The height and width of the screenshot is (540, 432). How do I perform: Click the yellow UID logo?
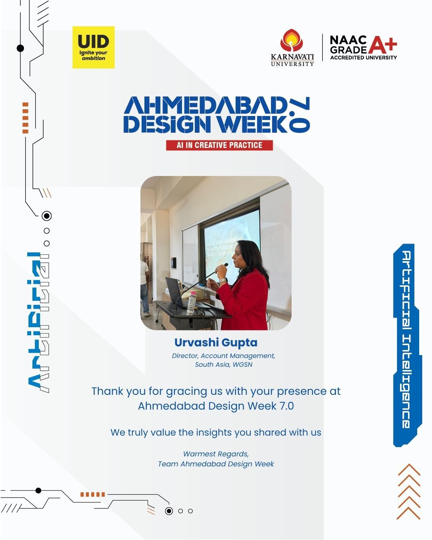[x=93, y=47]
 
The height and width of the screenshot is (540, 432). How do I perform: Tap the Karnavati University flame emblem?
[x=292, y=40]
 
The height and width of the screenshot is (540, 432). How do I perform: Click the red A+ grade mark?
[x=382, y=45]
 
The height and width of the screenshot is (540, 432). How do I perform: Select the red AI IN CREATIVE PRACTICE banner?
[x=219, y=145]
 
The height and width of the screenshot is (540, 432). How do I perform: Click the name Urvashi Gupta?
[x=216, y=342]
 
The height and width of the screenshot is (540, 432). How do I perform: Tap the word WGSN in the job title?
[x=242, y=364]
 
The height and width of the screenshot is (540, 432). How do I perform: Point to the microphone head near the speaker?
[x=226, y=265]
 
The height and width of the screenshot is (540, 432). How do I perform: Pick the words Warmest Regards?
[x=216, y=454]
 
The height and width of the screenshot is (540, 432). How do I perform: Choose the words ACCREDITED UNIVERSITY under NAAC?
[x=364, y=58]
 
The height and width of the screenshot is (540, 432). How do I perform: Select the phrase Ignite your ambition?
[x=93, y=55]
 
